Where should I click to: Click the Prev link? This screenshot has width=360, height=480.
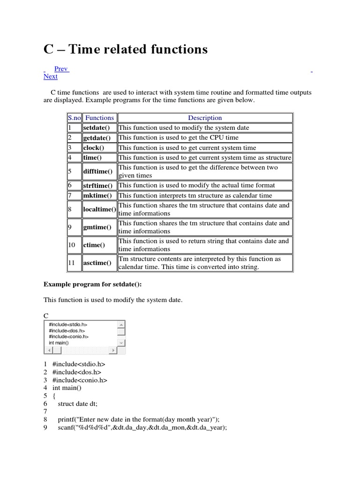[61, 69]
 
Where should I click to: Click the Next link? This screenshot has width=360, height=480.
[51, 76]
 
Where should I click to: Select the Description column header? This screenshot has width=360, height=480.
[205, 118]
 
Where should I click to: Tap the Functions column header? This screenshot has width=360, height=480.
[99, 118]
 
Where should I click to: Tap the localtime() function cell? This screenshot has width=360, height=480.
[99, 210]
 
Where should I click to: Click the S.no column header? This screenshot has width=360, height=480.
[75, 118]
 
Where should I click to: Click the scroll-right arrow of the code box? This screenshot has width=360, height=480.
[112, 350]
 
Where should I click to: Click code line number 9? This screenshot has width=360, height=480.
[45, 428]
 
